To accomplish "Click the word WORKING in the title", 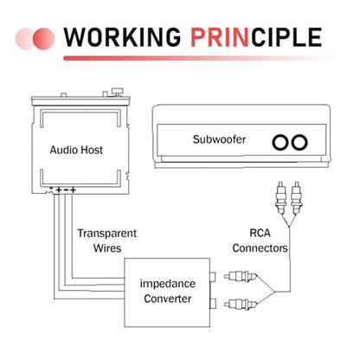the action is (122, 37).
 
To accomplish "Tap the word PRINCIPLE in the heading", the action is (256, 37).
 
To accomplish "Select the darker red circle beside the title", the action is (43, 39).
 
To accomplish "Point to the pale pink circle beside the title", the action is (24, 39).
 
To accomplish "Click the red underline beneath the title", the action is (199, 58).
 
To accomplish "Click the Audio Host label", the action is (76, 150).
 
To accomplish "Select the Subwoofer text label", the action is (219, 139).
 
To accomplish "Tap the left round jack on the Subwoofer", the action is (280, 142).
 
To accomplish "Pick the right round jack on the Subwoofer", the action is (299, 142).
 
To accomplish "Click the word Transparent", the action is (107, 233).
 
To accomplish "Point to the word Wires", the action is (107, 248).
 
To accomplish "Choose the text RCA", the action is (260, 233).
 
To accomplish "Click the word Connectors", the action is (260, 247).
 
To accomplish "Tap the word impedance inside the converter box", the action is (168, 284).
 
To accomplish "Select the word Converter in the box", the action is (168, 299).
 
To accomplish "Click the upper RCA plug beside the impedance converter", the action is (241, 277).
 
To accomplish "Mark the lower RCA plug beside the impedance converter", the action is (241, 304).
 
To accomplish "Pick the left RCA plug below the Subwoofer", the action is (280, 198).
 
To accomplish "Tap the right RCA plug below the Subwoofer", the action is (296, 198).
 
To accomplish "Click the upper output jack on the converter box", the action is (213, 277).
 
